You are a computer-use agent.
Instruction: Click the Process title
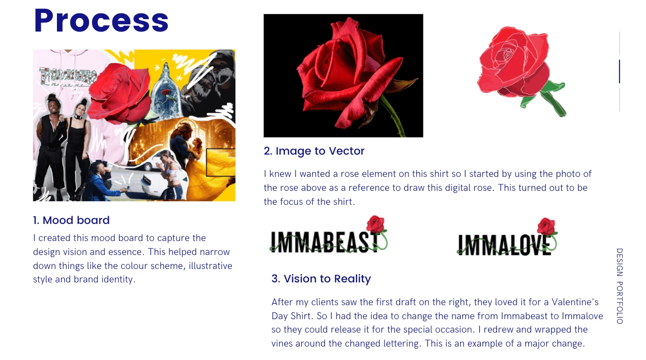(x=101, y=21)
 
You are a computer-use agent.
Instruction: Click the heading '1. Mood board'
(x=71, y=220)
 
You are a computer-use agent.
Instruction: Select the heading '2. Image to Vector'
(x=314, y=151)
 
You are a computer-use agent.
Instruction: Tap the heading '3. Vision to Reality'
(x=321, y=279)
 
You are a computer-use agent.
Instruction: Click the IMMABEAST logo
(x=329, y=235)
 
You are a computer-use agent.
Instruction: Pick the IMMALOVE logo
(x=507, y=237)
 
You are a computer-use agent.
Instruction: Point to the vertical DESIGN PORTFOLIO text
(x=620, y=286)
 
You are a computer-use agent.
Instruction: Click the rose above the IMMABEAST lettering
(x=375, y=224)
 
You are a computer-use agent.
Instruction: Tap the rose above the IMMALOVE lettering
(x=546, y=226)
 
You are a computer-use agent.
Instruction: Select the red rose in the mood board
(x=120, y=92)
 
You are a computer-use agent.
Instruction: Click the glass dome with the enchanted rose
(x=166, y=94)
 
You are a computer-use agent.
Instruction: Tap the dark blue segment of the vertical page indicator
(x=620, y=71)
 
